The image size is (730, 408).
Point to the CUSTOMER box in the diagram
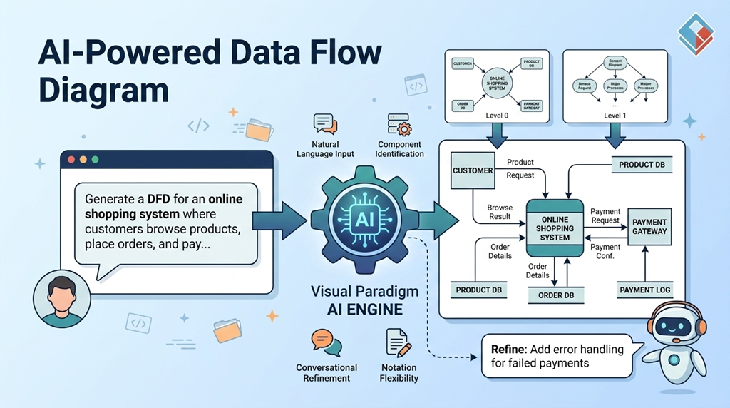(x=473, y=171)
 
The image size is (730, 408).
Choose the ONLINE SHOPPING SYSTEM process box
(x=555, y=228)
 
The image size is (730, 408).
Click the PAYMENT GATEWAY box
(x=649, y=227)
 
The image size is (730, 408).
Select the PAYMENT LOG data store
(x=644, y=290)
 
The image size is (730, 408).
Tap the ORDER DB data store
(x=555, y=295)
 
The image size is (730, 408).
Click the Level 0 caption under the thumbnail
(x=496, y=115)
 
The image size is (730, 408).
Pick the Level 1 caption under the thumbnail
(x=614, y=115)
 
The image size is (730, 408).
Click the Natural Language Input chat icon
(x=325, y=124)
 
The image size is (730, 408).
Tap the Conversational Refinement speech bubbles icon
(x=326, y=343)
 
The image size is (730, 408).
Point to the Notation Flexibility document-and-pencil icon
(x=399, y=342)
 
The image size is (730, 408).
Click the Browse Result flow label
(x=500, y=212)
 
